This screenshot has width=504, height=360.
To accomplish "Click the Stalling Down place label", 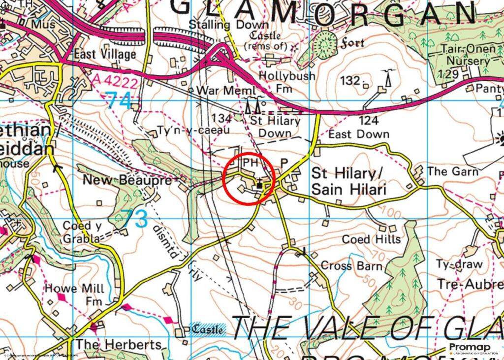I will (x=230, y=25).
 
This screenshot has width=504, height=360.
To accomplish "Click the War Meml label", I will (x=226, y=91).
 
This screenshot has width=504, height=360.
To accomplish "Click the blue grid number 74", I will (x=119, y=101).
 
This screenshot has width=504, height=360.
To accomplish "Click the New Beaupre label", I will (x=126, y=180).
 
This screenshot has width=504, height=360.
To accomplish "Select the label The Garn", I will (x=452, y=171).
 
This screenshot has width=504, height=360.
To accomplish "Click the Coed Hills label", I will (x=371, y=239).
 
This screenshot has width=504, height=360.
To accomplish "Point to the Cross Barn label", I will (x=351, y=265).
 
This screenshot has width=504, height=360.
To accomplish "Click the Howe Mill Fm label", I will (x=73, y=295).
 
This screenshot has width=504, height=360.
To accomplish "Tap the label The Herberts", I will (x=119, y=344).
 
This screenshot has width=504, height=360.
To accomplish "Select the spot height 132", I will (x=350, y=80).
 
